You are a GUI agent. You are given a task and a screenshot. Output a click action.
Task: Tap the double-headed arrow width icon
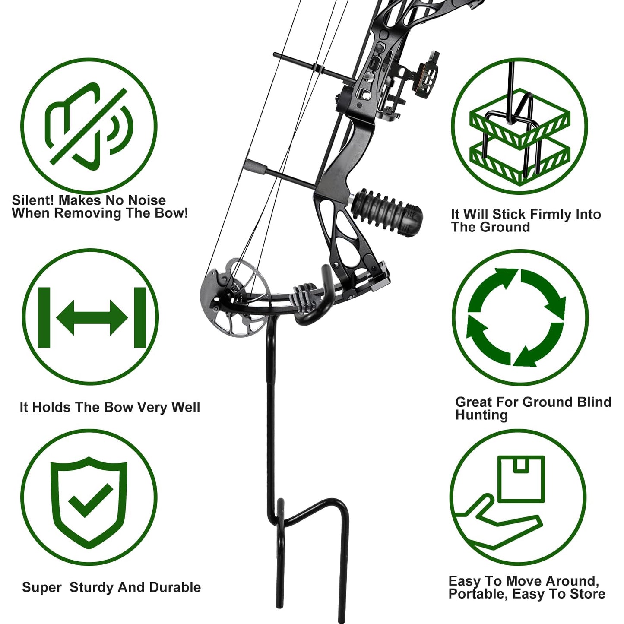[x=92, y=317]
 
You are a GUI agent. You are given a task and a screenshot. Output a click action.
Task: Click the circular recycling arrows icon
[x=516, y=317]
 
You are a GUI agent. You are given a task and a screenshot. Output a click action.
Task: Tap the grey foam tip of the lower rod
[x=255, y=167]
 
